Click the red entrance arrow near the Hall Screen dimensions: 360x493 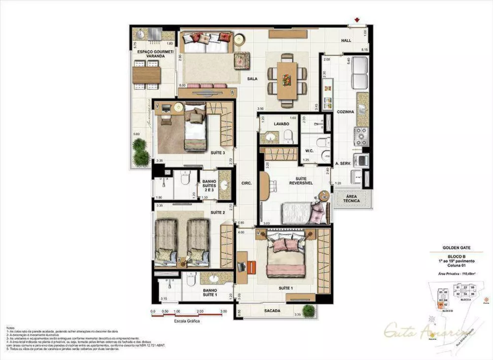(356, 22)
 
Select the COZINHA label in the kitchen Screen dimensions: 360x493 (346, 112)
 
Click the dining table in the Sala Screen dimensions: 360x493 (286, 79)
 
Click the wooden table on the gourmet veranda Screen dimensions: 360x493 (146, 75)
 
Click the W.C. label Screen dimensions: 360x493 (310, 151)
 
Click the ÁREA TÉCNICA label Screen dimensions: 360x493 (349, 198)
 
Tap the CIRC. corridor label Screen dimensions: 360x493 (246, 183)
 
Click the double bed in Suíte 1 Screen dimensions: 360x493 (286, 256)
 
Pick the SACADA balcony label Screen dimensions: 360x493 (272, 311)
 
